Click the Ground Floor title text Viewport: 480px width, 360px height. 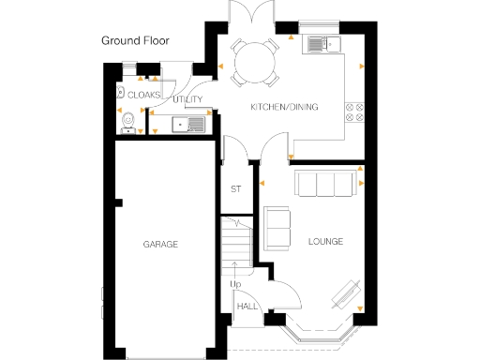click(142, 41)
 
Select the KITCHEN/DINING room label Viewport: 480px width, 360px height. click(283, 107)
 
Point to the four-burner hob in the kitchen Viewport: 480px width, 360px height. click(355, 112)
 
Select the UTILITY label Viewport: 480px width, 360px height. click(187, 99)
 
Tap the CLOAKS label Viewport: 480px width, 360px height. click(144, 95)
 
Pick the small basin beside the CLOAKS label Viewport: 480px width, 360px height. click(122, 92)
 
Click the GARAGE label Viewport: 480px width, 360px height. click(160, 244)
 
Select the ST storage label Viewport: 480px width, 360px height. click(236, 189)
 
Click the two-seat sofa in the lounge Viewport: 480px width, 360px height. click(277, 226)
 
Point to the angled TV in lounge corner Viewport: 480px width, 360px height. click(348, 295)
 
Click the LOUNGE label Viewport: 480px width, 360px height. click(325, 242)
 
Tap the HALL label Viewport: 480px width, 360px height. click(247, 307)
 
